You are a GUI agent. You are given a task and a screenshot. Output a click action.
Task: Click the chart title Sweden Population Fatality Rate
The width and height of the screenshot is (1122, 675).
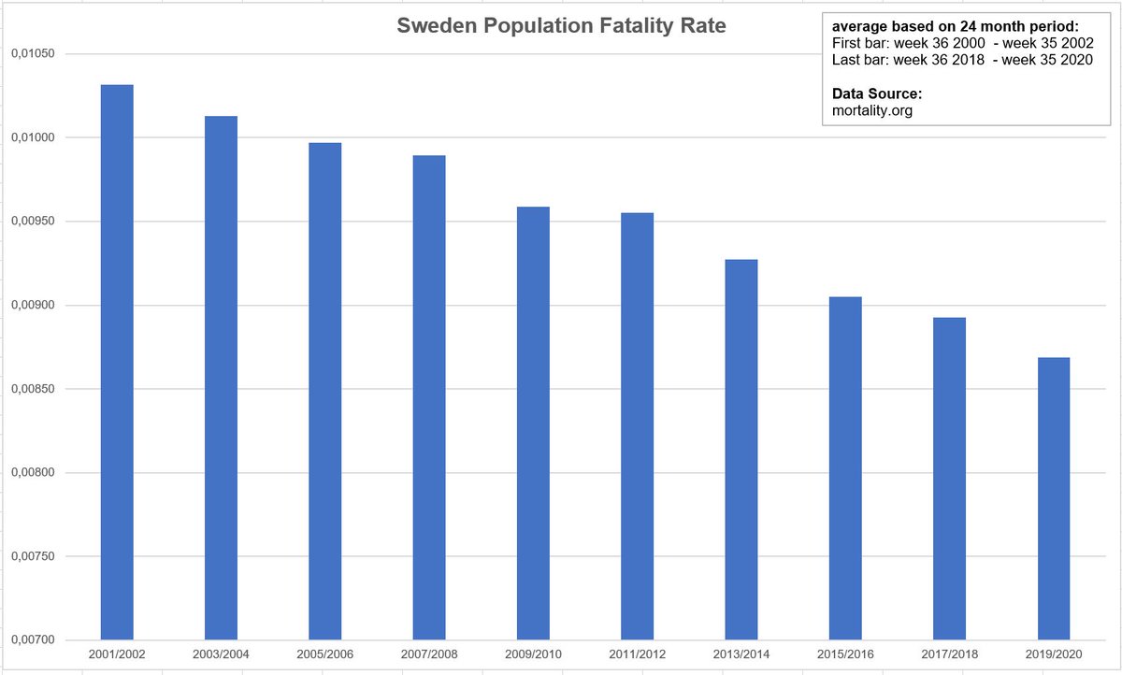tap(561, 27)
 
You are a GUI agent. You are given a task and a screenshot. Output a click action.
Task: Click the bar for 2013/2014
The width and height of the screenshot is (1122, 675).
tap(741, 450)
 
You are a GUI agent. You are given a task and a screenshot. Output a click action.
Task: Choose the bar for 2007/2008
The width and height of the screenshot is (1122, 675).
tap(429, 397)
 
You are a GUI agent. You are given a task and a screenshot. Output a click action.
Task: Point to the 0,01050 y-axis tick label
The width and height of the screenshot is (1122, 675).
tap(33, 54)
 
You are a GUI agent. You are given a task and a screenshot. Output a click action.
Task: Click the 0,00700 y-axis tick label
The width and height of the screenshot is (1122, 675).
tap(33, 640)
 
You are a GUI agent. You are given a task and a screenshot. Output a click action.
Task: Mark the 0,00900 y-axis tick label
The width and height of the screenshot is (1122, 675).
tap(33, 306)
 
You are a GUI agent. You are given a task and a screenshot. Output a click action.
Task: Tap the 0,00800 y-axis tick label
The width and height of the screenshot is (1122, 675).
tap(33, 473)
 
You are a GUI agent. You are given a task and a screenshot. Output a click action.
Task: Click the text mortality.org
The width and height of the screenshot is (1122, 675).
tap(871, 110)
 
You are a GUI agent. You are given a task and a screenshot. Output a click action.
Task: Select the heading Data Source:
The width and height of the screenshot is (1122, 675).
tap(877, 94)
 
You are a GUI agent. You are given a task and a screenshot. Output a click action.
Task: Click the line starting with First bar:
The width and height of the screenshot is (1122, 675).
tap(963, 44)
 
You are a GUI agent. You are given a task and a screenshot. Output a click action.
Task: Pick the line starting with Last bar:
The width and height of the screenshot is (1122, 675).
tap(963, 60)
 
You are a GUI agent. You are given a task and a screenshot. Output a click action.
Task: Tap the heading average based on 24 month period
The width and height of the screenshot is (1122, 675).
tap(955, 27)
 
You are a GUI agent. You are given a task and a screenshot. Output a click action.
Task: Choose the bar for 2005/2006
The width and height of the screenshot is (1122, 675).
tap(324, 392)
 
